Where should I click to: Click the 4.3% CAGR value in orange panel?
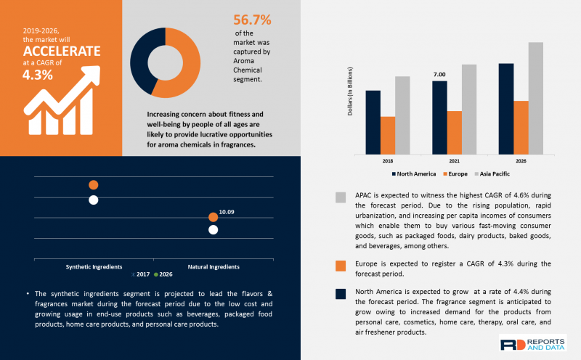point(38,75)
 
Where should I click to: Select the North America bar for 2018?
point(373,122)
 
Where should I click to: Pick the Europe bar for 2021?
point(454,132)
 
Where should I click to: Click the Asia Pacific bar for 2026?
point(535,98)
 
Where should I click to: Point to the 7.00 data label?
point(439,75)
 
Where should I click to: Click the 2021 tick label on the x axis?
point(453,160)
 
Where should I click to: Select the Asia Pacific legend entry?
point(495,174)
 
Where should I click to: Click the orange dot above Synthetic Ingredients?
point(93,185)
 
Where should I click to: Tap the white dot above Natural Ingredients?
point(213,230)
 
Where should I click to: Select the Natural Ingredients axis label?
point(213,266)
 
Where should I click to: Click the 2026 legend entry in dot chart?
point(165,274)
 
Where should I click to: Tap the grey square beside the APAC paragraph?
point(341,198)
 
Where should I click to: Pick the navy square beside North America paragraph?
point(341,294)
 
